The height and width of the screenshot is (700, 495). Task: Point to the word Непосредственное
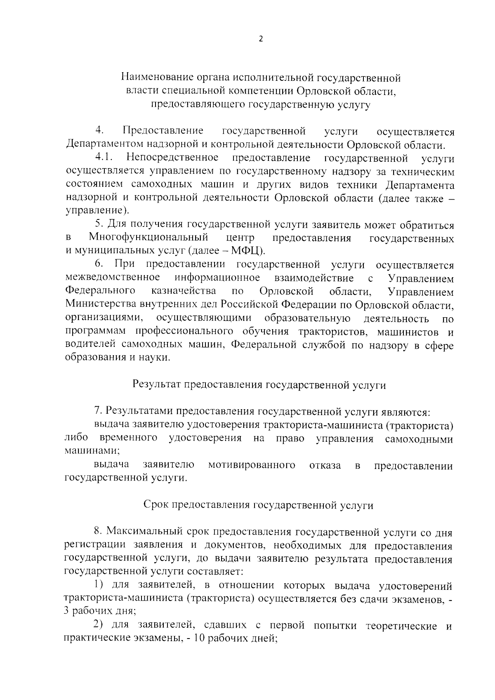tap(173, 158)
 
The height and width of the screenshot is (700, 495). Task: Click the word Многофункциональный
tap(148, 238)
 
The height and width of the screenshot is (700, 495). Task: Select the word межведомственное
tap(113, 278)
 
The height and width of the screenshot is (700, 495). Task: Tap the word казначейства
tap(184, 291)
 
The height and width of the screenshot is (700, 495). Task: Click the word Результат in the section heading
tap(156, 385)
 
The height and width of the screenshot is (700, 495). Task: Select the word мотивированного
tap(252, 466)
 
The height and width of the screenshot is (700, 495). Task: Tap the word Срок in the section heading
tap(155, 505)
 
